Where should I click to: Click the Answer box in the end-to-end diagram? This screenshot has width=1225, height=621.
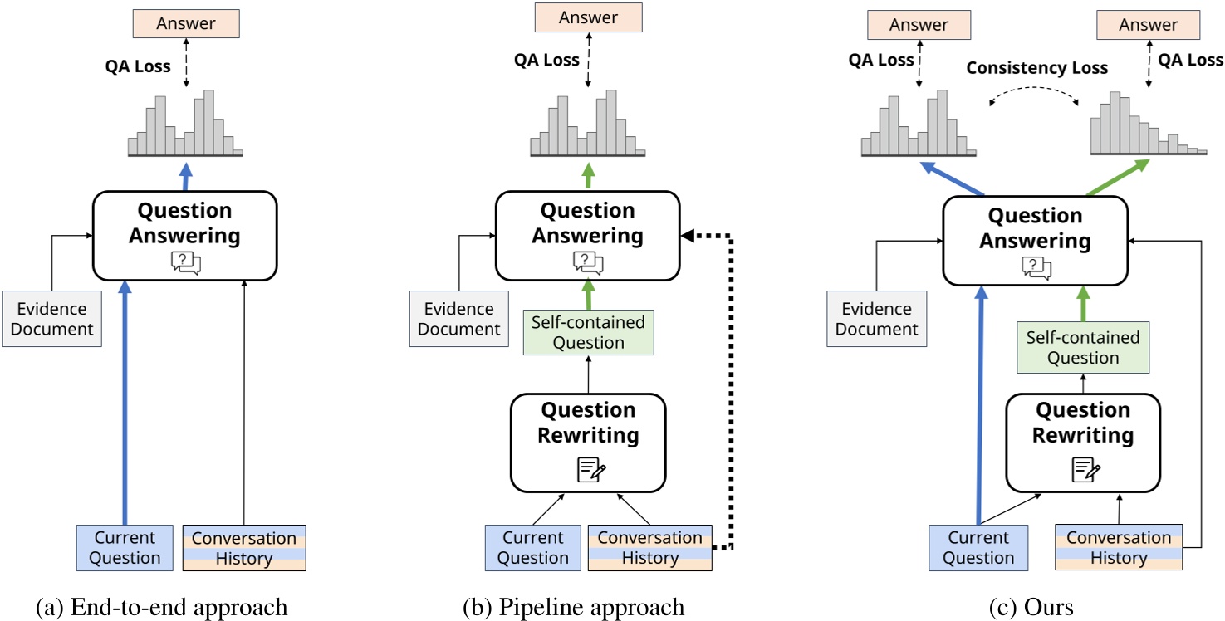(x=185, y=24)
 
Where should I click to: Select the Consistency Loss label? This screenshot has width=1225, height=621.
(x=1036, y=68)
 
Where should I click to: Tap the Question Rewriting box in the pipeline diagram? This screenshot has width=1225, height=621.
(x=588, y=442)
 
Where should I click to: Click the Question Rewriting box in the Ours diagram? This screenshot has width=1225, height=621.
(x=1083, y=442)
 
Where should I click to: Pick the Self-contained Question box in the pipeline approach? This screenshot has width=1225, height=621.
(x=589, y=332)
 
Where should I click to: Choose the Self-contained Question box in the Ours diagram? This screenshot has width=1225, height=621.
(x=1083, y=348)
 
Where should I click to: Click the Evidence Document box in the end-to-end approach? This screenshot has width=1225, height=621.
(x=51, y=319)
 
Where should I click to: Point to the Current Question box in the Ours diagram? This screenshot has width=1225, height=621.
(x=978, y=547)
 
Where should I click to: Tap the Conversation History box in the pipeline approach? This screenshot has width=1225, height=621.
(x=649, y=547)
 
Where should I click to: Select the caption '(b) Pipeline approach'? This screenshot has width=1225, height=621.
(x=574, y=607)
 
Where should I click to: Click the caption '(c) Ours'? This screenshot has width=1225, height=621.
(x=1031, y=607)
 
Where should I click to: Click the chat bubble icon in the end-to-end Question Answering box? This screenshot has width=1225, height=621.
(x=185, y=262)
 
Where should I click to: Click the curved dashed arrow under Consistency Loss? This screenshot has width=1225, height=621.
(x=1033, y=97)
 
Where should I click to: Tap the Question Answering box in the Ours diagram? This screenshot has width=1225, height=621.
(x=1035, y=240)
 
